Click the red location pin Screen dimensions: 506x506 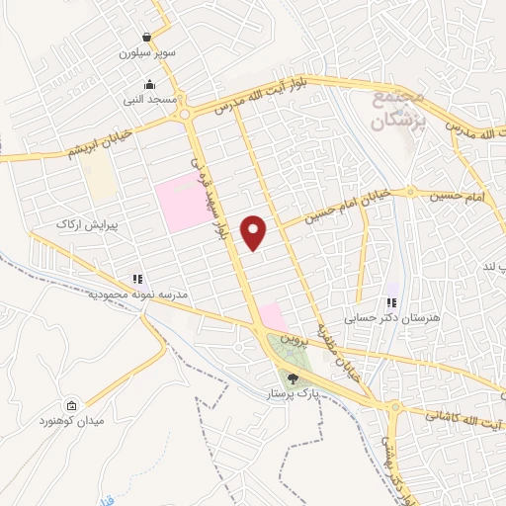255,232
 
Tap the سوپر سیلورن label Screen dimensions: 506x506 148,52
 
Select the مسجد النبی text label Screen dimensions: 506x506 149,100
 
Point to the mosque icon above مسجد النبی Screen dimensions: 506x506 149,84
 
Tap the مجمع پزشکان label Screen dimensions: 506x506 399,111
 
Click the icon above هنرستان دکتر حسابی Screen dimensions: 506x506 392,302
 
